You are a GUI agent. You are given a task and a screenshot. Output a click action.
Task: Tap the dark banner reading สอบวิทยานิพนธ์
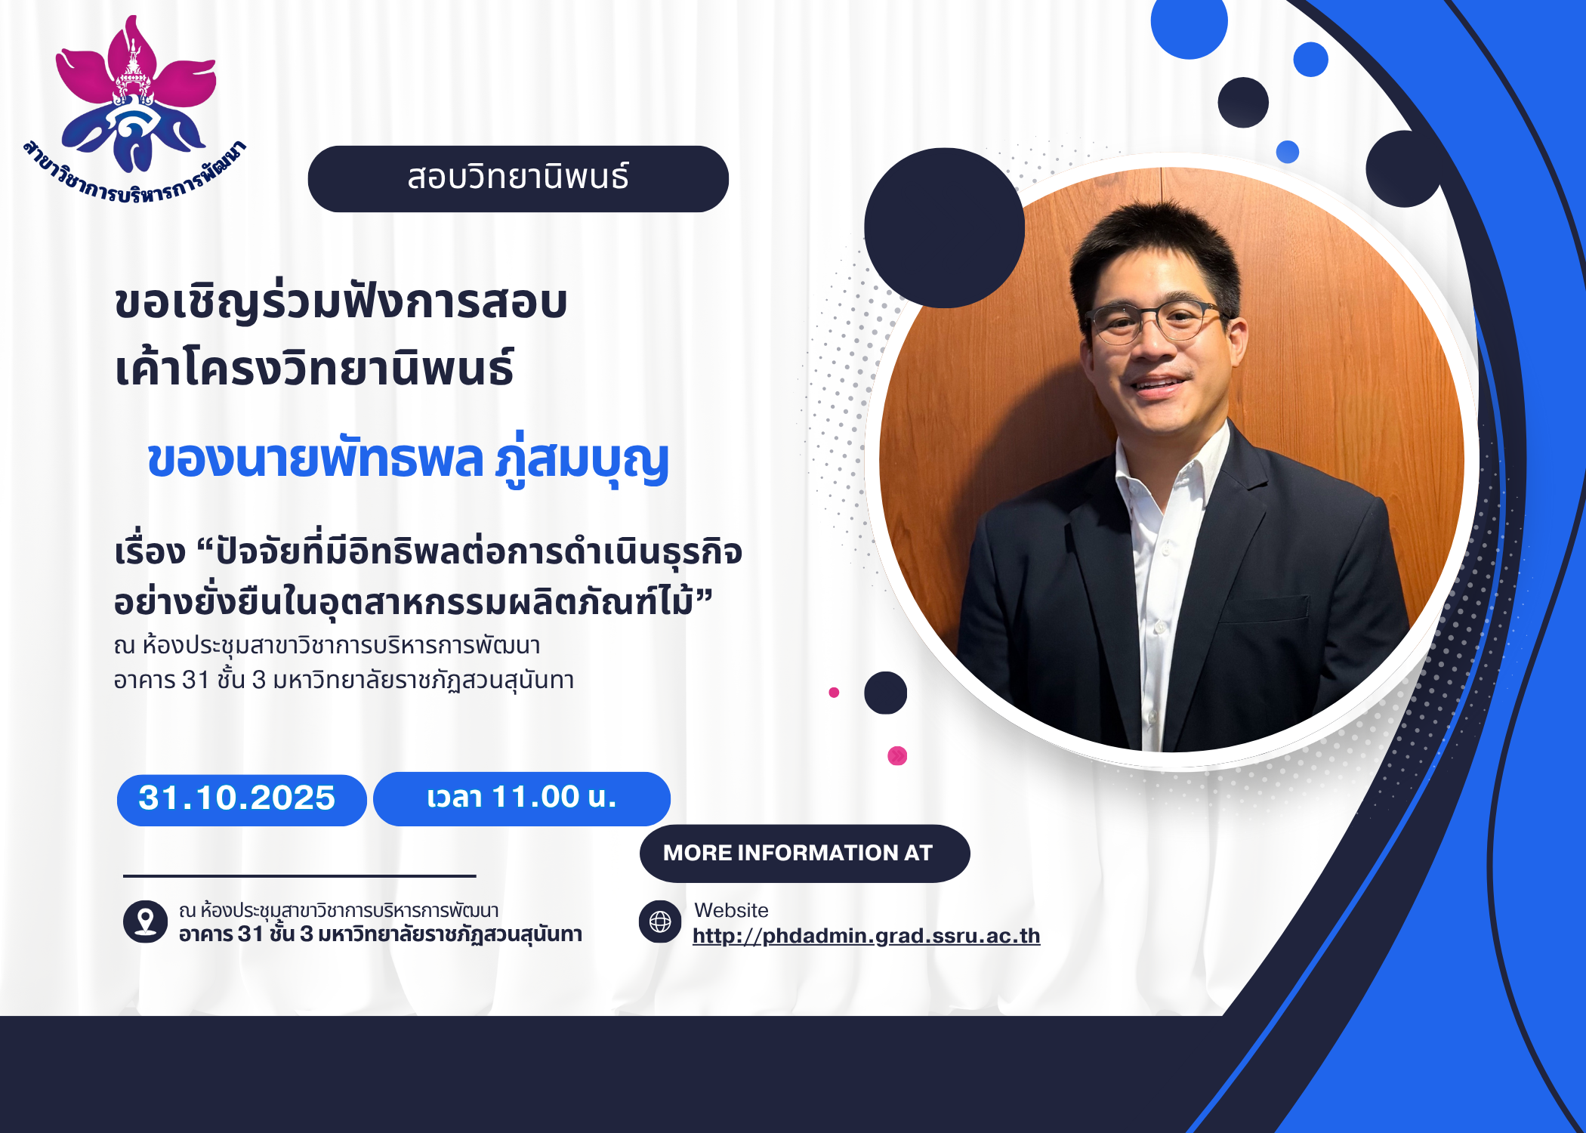pos(518,179)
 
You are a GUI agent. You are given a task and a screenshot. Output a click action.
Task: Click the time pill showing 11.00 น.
pos(522,798)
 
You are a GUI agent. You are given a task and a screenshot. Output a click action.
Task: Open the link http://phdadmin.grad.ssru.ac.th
pos(866,936)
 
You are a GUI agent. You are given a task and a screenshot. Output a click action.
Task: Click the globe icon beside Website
pos(660,922)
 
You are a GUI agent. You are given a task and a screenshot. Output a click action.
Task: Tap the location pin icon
pos(145,922)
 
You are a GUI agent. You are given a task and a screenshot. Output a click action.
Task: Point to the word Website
pos(731,910)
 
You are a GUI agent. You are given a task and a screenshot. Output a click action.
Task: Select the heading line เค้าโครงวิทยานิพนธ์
pos(314,368)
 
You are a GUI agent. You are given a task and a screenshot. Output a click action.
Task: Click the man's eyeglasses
pos(1156,321)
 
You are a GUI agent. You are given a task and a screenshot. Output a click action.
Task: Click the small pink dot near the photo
pos(834,692)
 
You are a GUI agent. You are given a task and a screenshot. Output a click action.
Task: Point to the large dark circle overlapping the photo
pos(944,227)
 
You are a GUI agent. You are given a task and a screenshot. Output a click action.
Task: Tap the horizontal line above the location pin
pos(300,876)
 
